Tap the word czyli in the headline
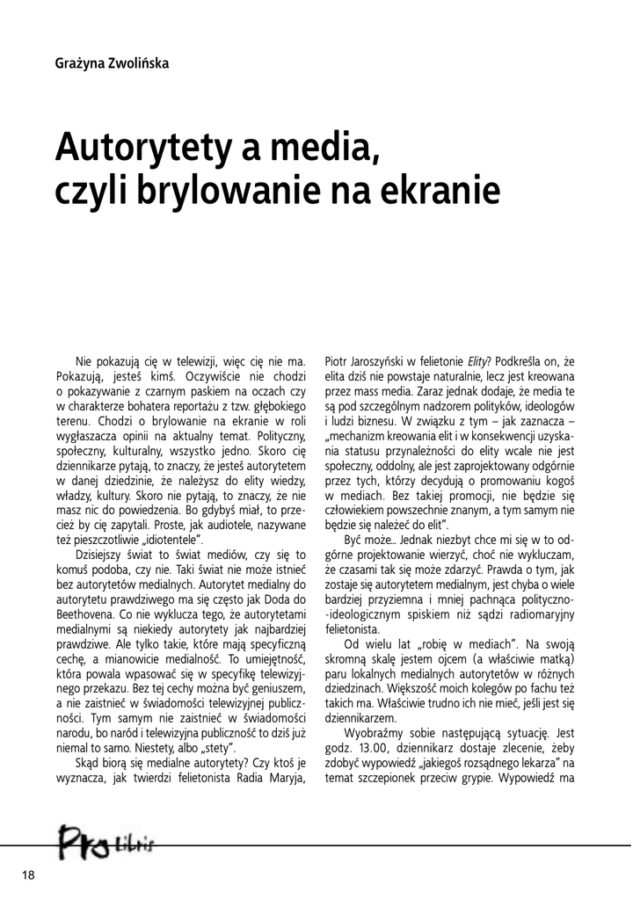click(88, 188)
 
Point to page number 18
click(26, 875)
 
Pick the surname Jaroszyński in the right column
click(385, 359)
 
